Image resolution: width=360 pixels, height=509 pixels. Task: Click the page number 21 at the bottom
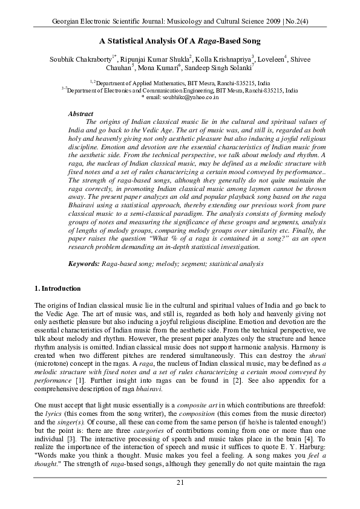click(x=180, y=481)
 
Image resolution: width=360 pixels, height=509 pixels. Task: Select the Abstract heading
click(x=80, y=114)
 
